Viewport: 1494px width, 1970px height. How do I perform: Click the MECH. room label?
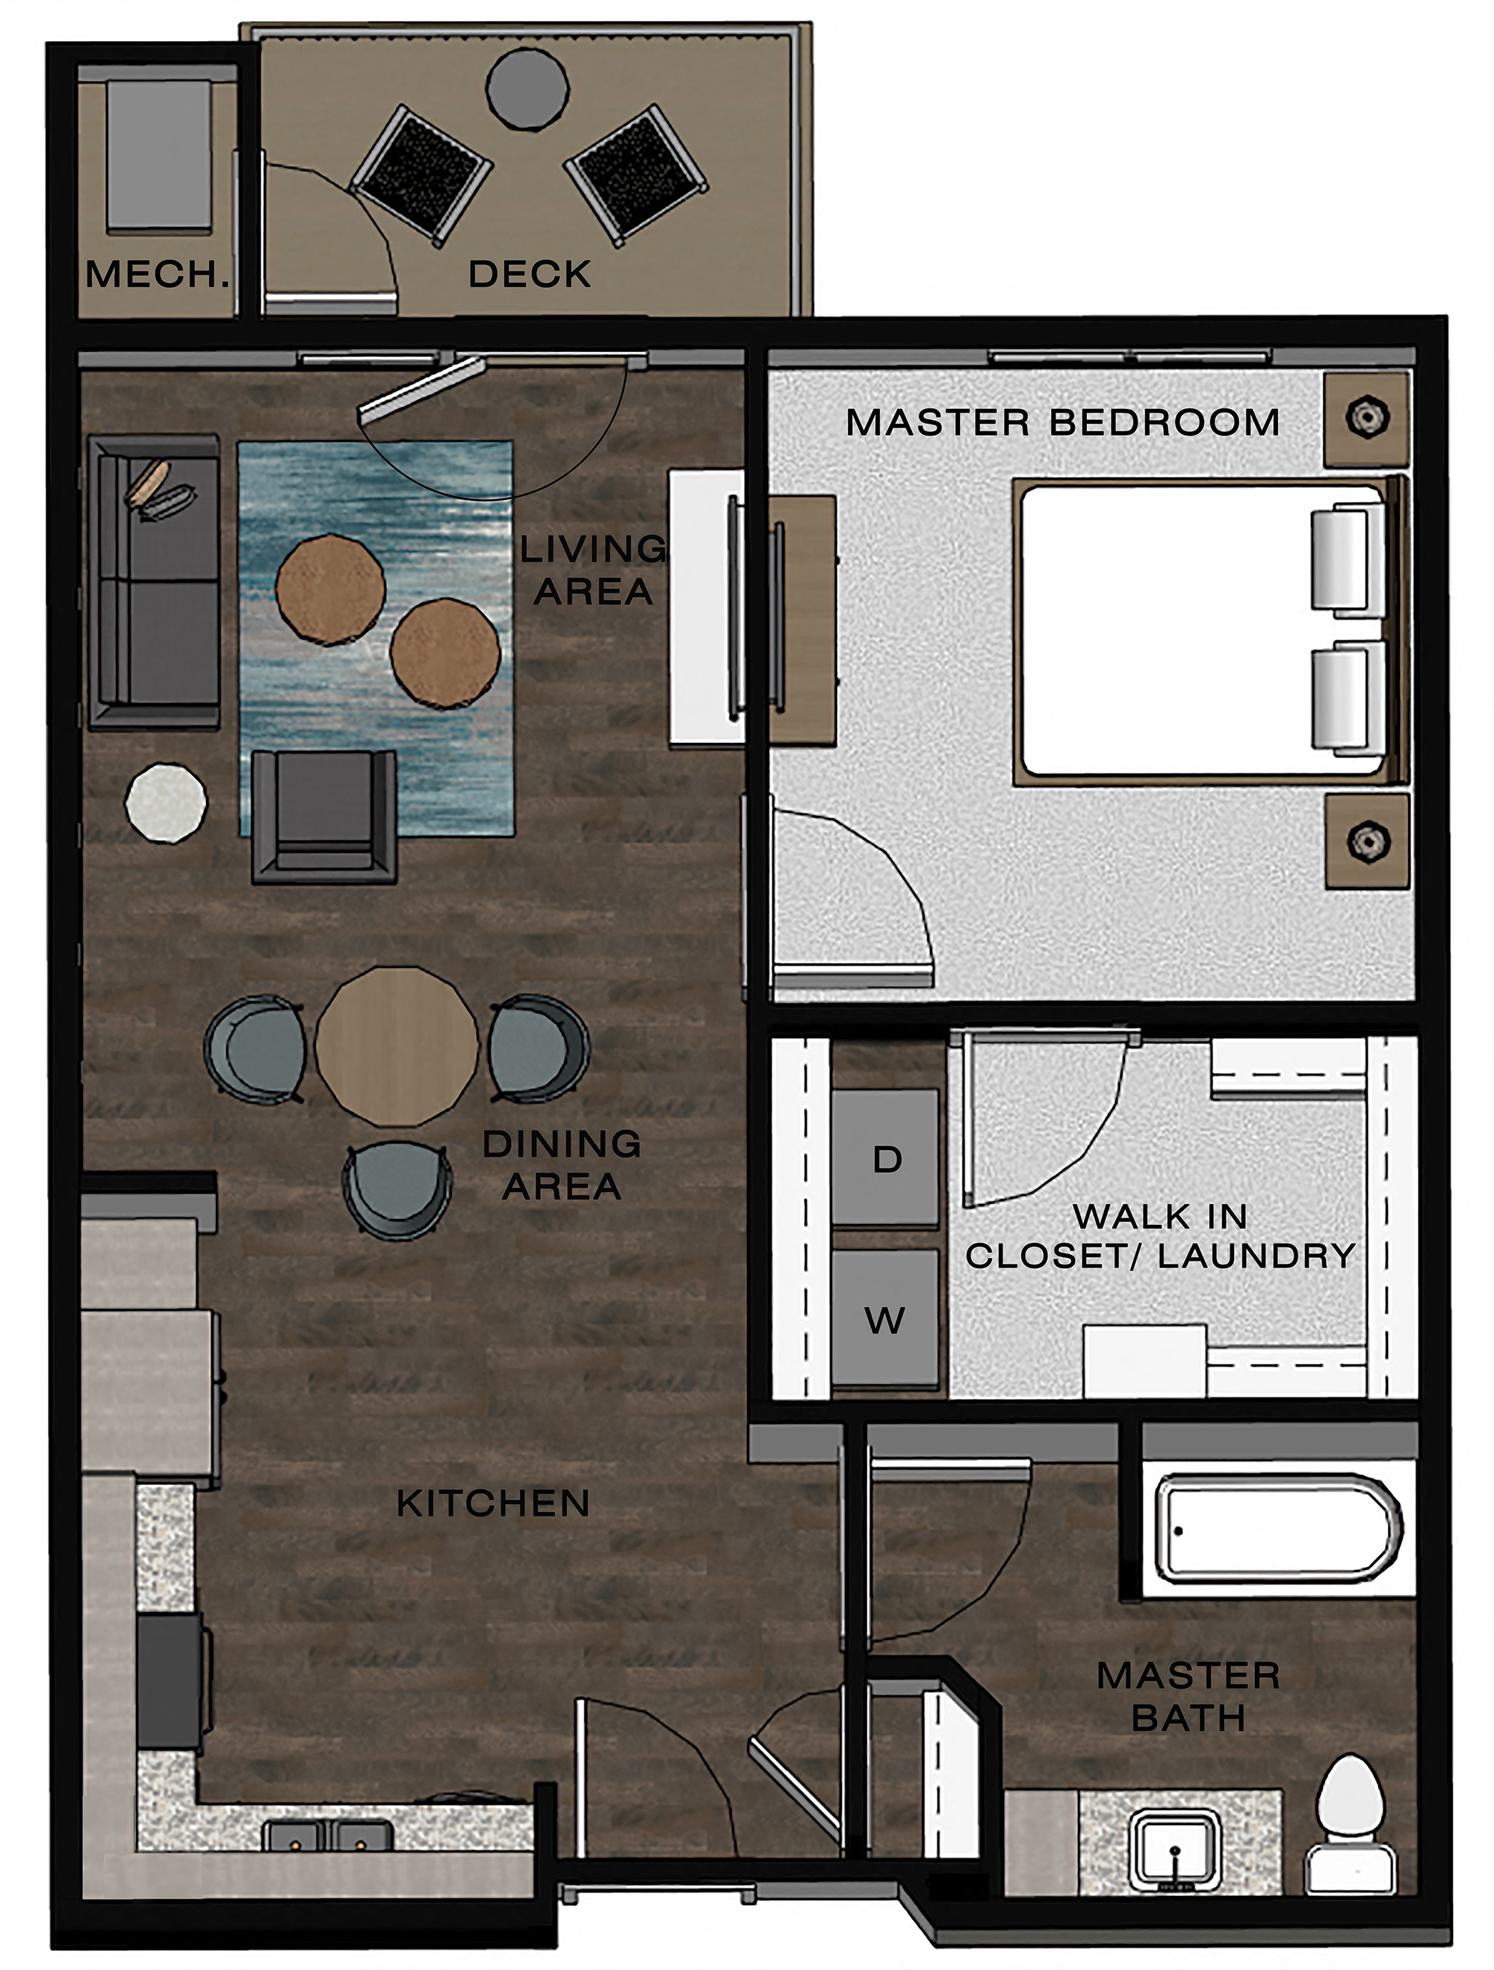tap(157, 274)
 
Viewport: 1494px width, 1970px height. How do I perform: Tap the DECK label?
tap(530, 274)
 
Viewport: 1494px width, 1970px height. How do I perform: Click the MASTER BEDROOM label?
tap(1062, 422)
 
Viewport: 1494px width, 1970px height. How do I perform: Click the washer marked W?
tap(884, 1319)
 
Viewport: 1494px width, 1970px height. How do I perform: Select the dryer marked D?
tap(886, 1158)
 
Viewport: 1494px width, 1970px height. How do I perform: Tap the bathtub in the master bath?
tap(1277, 1528)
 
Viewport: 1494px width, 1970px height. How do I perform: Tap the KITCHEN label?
tap(493, 1504)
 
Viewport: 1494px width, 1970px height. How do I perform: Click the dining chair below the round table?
tap(397, 1189)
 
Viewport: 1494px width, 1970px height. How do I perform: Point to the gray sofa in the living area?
tap(155, 582)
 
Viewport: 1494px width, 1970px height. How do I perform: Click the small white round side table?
tap(167, 803)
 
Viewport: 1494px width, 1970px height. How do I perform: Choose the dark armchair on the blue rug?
tap(324, 816)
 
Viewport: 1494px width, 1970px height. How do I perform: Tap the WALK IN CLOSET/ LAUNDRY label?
tap(1160, 1236)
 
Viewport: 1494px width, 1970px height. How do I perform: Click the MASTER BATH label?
tap(1188, 1696)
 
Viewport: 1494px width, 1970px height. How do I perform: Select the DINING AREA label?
tap(562, 1165)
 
